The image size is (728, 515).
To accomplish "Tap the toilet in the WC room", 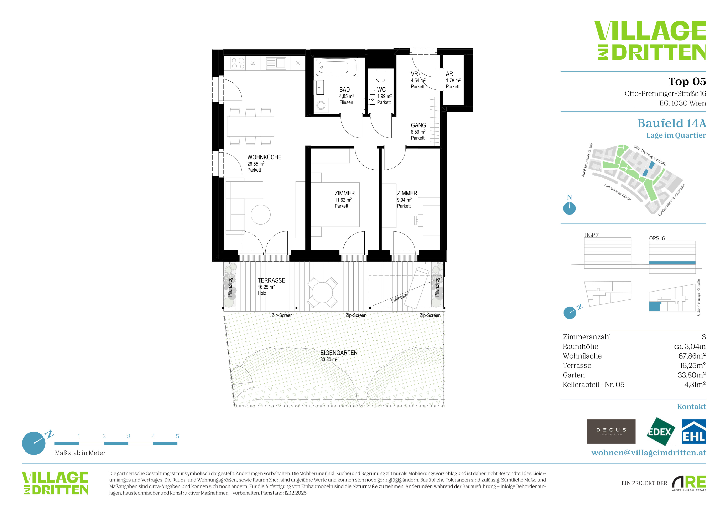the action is (x=380, y=76).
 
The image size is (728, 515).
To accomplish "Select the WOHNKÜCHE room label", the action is (x=264, y=157).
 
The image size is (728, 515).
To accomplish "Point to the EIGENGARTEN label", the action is (x=339, y=353).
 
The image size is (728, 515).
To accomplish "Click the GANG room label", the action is (x=418, y=125).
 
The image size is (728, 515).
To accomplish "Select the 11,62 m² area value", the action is (x=343, y=200).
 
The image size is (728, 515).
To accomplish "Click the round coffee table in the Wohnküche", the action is (x=261, y=215).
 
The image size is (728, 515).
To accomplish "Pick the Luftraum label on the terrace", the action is (x=399, y=298).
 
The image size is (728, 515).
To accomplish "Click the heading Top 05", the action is (x=687, y=82).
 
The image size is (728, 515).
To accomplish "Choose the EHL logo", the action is (x=694, y=432).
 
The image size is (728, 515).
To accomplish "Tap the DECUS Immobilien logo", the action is (x=611, y=431).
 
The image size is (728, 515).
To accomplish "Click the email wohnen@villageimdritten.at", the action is (x=649, y=453).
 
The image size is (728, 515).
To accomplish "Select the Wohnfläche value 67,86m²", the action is (x=692, y=356).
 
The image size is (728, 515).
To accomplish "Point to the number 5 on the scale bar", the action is (x=177, y=436).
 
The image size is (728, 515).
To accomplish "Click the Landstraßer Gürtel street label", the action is (x=618, y=192).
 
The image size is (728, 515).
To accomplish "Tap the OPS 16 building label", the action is (x=657, y=238).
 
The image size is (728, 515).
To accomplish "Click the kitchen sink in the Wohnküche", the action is (x=276, y=63).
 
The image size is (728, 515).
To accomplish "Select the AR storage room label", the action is (x=449, y=74).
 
